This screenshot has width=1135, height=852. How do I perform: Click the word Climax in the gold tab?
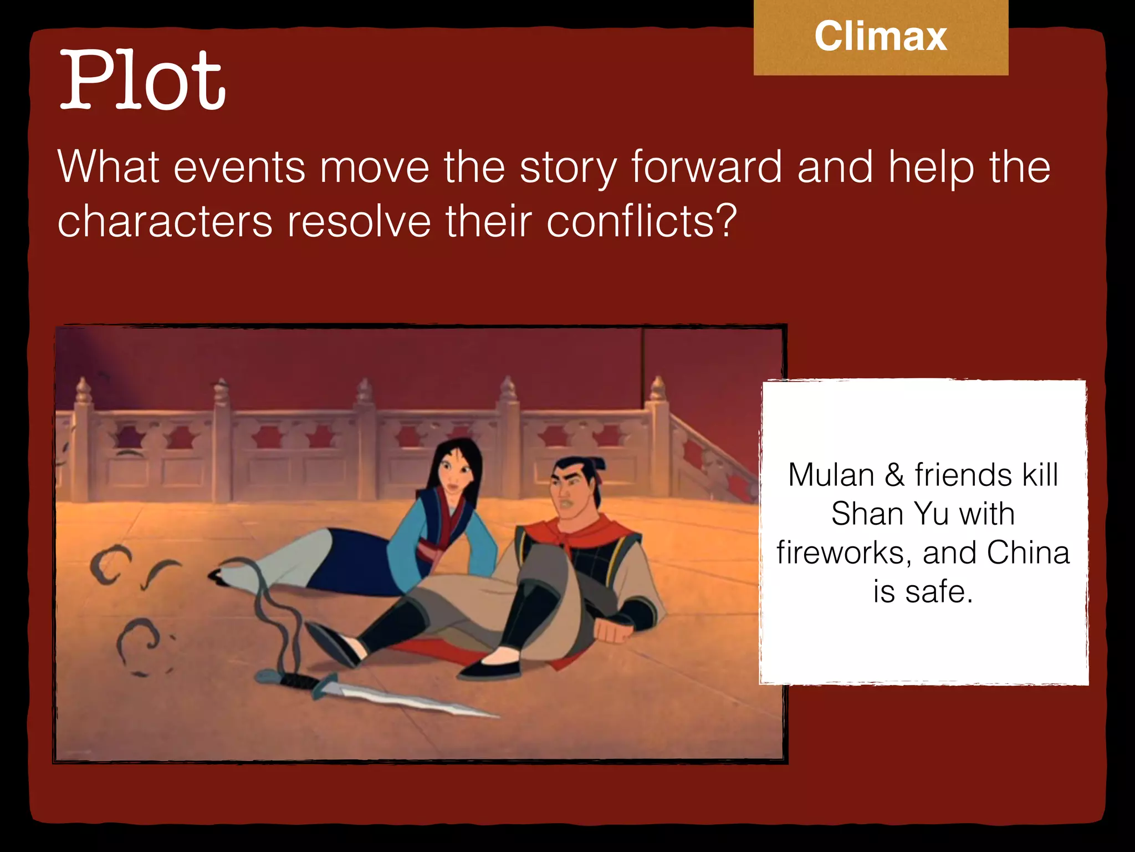(881, 37)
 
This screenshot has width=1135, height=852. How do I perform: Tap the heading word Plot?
(142, 80)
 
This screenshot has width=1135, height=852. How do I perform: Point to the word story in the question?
(568, 168)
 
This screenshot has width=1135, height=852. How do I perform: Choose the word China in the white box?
(1028, 553)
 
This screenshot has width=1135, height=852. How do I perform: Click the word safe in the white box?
(938, 591)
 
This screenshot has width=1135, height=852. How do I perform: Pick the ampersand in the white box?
(894, 475)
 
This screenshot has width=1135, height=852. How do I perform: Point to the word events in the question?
(239, 167)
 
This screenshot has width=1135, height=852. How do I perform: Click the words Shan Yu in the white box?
(884, 514)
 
